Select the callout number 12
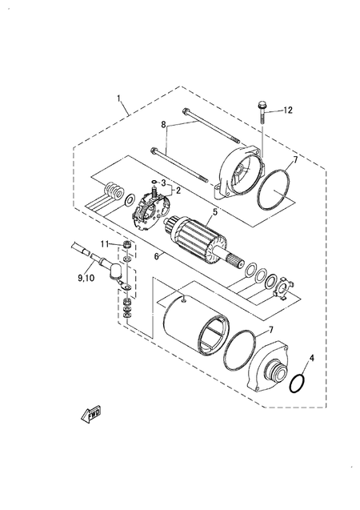(x=288, y=110)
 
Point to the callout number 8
(x=164, y=125)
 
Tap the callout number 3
(x=164, y=183)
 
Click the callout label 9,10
(x=86, y=278)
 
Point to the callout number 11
(x=104, y=243)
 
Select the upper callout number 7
(x=294, y=160)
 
